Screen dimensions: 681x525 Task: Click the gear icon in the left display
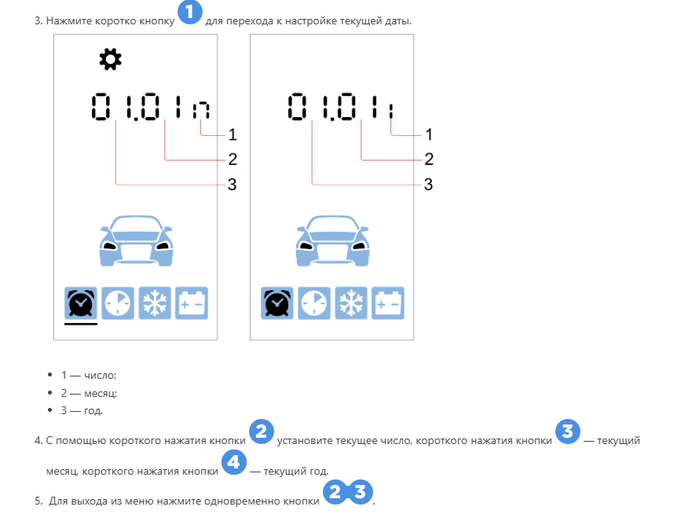[110, 60]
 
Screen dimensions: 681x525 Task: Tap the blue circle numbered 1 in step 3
[190, 12]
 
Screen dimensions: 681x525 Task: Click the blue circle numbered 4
[233, 462]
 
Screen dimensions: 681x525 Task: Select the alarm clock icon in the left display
[81, 303]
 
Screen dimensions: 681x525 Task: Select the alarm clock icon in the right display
[277, 303]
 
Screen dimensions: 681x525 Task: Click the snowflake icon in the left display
[155, 303]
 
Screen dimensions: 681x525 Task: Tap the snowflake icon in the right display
[351, 303]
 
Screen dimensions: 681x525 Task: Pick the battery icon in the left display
[192, 303]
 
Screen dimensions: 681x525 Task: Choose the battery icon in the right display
[388, 303]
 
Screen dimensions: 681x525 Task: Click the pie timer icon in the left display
[118, 303]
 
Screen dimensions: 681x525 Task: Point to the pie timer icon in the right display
[314, 303]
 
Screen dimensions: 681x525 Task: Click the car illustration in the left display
[136, 240]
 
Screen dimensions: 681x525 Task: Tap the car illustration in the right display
[332, 240]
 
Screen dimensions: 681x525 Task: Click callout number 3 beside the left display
[232, 184]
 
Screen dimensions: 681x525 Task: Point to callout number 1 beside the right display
[429, 134]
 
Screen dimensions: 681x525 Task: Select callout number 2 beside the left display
[232, 159]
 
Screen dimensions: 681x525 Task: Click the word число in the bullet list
[100, 375]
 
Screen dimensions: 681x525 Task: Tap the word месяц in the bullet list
[101, 393]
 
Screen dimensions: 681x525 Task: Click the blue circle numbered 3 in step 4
[568, 431]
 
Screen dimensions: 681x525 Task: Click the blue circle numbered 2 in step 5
[335, 492]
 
